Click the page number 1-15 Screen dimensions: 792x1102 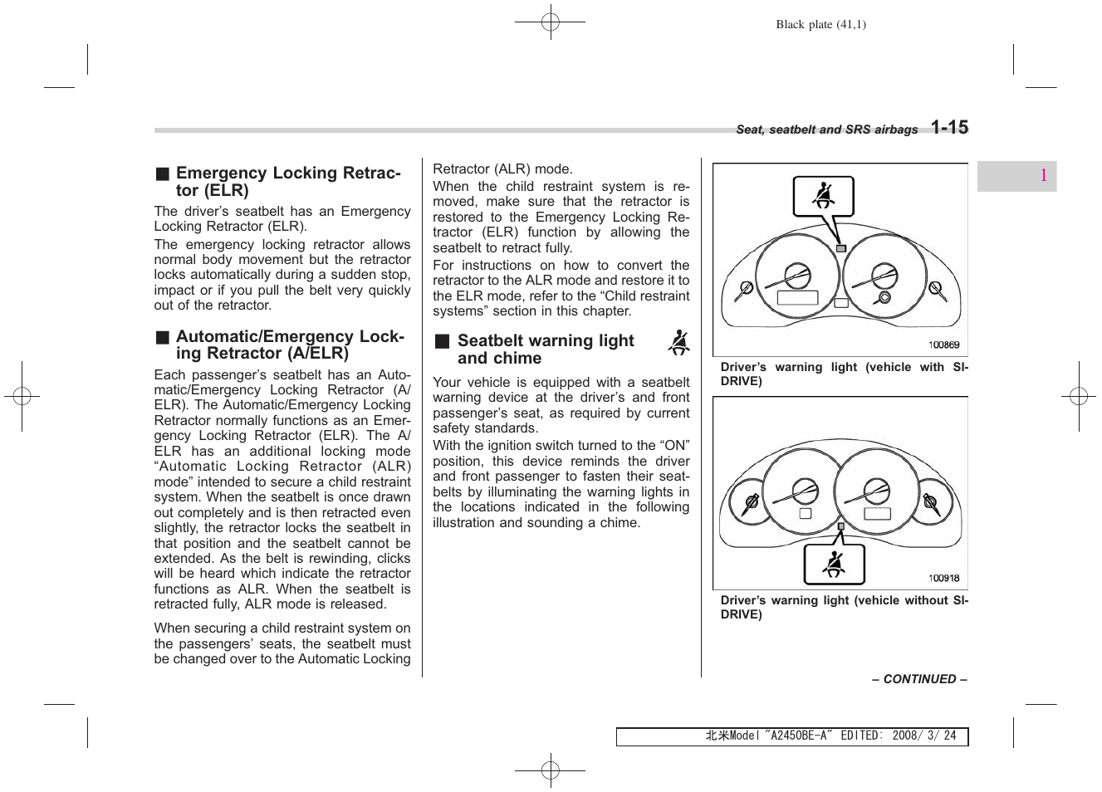click(x=948, y=127)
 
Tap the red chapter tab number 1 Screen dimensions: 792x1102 click(x=1042, y=175)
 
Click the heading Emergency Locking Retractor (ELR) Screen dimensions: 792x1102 click(x=288, y=181)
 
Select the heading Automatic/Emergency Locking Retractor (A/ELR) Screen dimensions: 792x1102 click(x=290, y=345)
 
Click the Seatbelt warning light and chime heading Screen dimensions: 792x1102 click(x=546, y=350)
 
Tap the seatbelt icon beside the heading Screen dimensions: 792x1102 click(x=678, y=343)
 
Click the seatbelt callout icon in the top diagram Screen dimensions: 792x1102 click(x=823, y=197)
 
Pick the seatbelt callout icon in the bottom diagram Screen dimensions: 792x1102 click(x=834, y=565)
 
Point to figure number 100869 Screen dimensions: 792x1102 click(x=943, y=345)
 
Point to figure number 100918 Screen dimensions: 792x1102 click(x=943, y=579)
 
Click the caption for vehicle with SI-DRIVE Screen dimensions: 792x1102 click(x=844, y=374)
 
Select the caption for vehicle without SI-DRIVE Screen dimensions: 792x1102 click(x=844, y=607)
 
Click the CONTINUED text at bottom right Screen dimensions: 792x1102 click(x=918, y=679)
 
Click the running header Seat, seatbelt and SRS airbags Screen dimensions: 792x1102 click(x=826, y=130)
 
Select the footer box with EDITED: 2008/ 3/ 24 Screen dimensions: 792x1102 click(x=791, y=736)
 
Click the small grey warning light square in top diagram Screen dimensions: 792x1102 click(x=840, y=248)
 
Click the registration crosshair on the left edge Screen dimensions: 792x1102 click(x=22, y=397)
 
